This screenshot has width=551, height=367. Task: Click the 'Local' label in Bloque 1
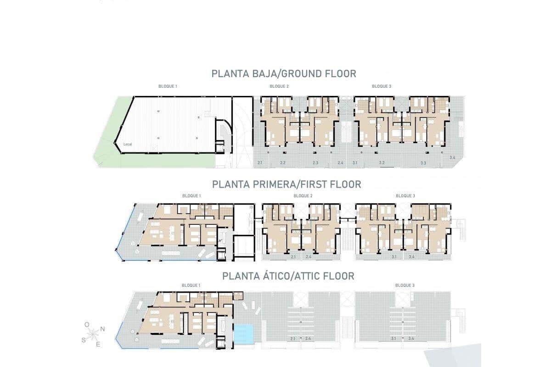click(x=128, y=145)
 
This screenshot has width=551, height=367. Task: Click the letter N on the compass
click(x=103, y=329)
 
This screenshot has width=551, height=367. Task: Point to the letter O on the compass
click(x=87, y=324)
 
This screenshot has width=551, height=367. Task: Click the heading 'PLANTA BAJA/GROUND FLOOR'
click(x=284, y=73)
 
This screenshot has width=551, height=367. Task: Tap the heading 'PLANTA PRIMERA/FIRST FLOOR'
click(x=287, y=184)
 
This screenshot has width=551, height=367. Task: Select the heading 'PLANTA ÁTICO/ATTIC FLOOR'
click(x=288, y=276)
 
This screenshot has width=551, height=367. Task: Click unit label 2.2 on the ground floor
click(x=283, y=163)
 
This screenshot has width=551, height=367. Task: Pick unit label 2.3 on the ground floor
click(x=315, y=163)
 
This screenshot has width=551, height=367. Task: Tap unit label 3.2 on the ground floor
click(x=382, y=163)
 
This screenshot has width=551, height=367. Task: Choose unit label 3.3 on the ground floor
click(x=423, y=163)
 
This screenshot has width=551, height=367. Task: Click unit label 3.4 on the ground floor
click(x=452, y=158)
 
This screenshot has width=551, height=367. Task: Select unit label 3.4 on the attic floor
click(x=411, y=339)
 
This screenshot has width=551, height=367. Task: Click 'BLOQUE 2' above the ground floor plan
click(x=279, y=86)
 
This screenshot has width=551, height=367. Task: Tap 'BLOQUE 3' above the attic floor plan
click(x=405, y=285)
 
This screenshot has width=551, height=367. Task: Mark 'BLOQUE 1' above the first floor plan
click(x=191, y=196)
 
